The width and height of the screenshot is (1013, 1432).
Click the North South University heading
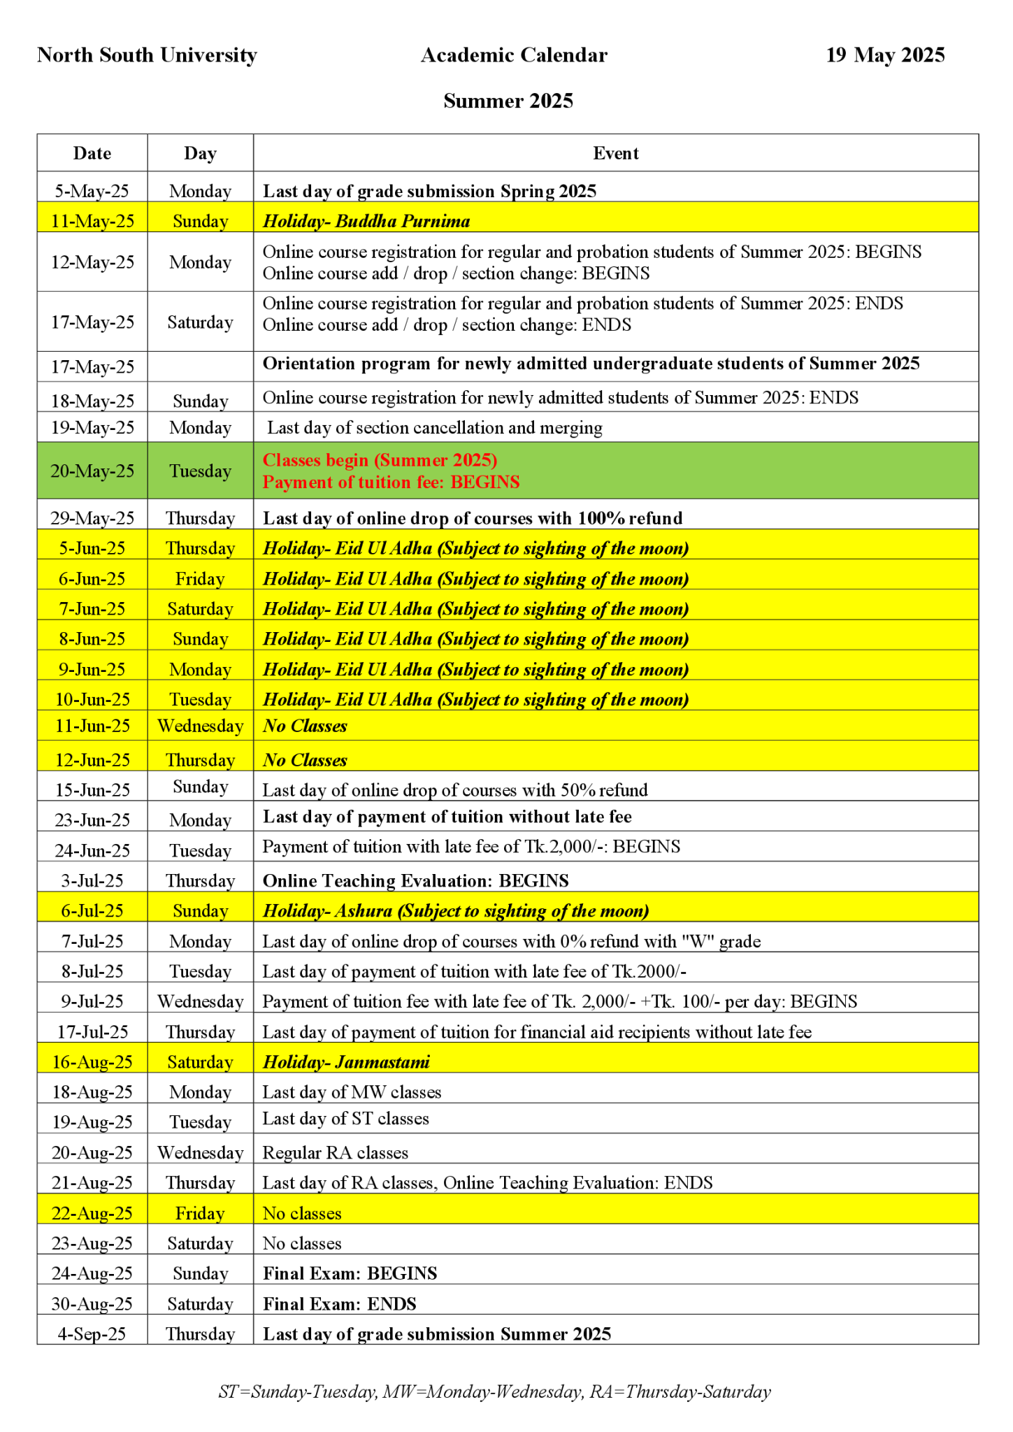[x=147, y=55]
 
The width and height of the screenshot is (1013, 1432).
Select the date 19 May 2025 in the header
[x=884, y=55]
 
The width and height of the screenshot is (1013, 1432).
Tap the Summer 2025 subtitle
[x=508, y=101]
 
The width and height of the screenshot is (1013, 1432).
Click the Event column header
[x=615, y=153]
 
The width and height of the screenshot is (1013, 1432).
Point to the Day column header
[x=200, y=153]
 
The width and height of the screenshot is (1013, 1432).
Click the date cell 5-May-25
[x=92, y=191]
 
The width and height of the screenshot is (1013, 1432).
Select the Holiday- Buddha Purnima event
[x=366, y=222]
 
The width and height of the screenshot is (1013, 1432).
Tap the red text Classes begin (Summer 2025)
[x=380, y=460]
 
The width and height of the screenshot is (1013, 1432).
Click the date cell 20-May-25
[x=92, y=471]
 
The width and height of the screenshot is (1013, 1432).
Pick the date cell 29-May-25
[x=92, y=518]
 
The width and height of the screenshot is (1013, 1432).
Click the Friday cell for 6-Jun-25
[x=200, y=579]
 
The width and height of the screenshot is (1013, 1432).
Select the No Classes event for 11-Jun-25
[x=305, y=726]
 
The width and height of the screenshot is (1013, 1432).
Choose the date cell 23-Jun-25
[x=92, y=819]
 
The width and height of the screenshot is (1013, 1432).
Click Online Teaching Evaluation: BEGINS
[x=415, y=880]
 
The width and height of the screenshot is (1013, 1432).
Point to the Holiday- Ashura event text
[x=455, y=911]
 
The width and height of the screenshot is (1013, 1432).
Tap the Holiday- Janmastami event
[x=346, y=1062]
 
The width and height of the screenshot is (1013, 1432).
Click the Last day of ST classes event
[x=345, y=1119]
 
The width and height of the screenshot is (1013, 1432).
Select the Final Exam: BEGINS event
[x=350, y=1273]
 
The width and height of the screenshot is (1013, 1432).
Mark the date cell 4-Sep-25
[x=92, y=1334]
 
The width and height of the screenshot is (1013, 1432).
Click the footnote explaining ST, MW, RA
[x=494, y=1391]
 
